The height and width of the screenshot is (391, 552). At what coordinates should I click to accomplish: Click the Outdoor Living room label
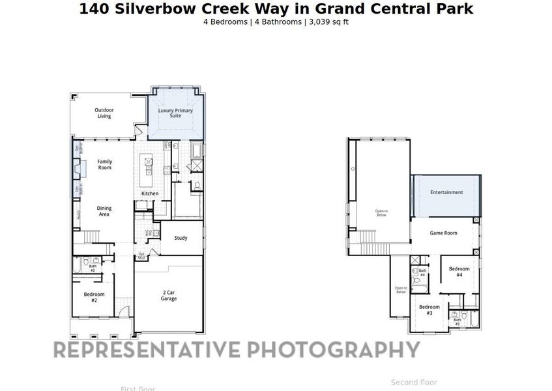104,113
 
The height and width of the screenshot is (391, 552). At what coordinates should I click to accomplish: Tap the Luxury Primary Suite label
175,113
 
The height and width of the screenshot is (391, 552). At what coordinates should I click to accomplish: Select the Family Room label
104,164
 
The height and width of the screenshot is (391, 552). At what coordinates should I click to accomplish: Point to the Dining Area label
104,211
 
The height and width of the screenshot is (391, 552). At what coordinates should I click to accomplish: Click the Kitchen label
150,194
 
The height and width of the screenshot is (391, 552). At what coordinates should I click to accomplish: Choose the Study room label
181,238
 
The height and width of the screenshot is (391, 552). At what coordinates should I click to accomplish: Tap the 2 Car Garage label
169,296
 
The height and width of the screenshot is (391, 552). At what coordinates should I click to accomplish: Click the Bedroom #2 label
94,297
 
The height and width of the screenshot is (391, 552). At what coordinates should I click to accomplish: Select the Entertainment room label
446,192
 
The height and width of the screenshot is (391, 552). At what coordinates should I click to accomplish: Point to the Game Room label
443,233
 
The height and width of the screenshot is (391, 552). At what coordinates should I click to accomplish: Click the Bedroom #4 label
459,272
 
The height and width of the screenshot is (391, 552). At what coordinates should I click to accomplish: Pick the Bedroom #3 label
429,310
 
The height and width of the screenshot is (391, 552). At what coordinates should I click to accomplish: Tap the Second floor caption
414,383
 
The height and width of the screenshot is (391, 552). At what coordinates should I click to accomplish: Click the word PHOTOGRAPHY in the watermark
332,349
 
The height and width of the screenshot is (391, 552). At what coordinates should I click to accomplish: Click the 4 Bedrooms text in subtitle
225,22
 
